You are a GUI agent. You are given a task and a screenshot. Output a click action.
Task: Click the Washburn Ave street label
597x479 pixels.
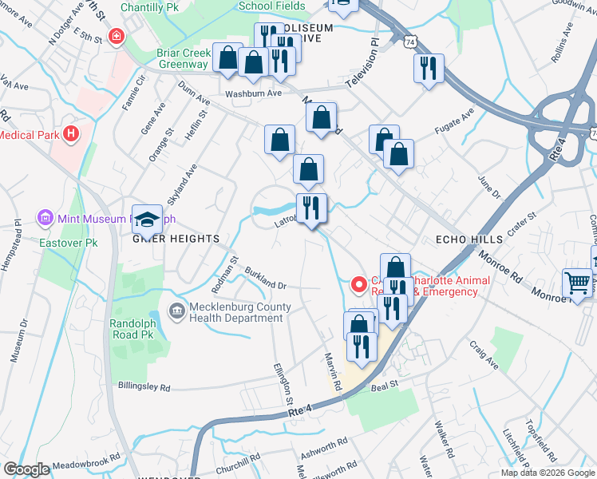(254, 93)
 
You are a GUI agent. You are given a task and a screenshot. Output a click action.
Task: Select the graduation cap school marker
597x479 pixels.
(147, 220)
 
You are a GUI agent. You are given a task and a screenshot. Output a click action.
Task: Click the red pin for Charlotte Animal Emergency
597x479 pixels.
(359, 283)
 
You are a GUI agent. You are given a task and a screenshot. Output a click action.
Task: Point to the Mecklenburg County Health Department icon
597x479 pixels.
(175, 310)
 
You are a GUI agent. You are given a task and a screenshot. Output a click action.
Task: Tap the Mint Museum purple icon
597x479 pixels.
(45, 217)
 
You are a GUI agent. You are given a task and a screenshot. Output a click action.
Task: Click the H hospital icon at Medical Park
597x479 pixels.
(72, 134)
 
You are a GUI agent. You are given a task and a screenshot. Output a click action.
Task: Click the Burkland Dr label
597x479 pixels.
(265, 279)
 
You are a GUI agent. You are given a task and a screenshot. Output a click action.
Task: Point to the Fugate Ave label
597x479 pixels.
(453, 121)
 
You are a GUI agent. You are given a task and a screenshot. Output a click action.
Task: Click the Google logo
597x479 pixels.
(26, 469)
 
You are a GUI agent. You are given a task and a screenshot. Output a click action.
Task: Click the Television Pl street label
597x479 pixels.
(362, 69)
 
